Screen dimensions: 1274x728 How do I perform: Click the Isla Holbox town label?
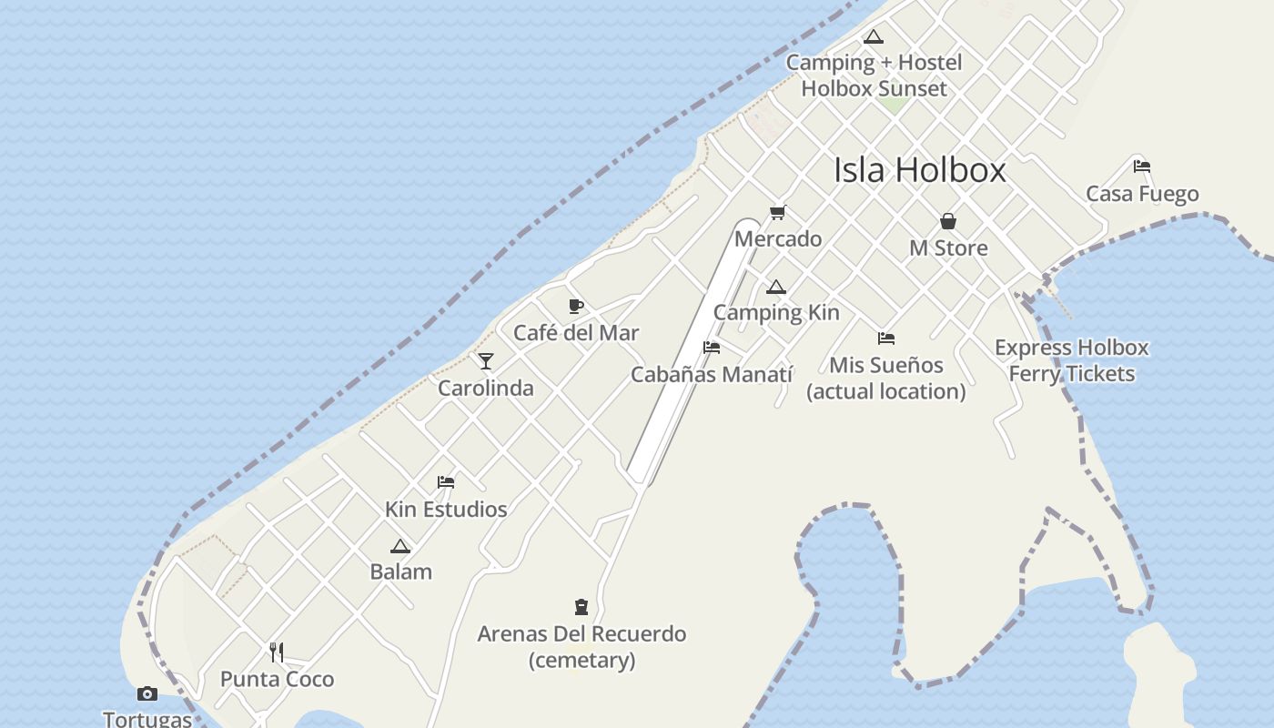[920, 170]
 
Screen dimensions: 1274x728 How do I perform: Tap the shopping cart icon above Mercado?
[777, 213]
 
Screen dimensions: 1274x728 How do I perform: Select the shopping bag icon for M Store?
[948, 221]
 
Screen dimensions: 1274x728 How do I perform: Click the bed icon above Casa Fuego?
[1142, 167]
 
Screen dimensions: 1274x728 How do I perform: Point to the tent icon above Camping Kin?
[775, 288]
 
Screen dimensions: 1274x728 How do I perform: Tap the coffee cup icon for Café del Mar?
[576, 306]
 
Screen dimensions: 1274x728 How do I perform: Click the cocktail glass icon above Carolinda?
[486, 361]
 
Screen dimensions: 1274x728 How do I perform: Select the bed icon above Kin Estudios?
[446, 481]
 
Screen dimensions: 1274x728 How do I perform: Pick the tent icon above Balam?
[400, 547]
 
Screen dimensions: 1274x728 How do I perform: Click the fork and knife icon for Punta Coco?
[277, 652]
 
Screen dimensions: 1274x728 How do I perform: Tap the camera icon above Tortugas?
[147, 694]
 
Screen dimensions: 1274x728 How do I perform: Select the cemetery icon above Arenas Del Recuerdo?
[581, 607]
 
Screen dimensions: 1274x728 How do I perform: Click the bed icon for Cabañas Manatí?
[712, 348]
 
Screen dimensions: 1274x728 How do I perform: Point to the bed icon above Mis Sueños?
[886, 339]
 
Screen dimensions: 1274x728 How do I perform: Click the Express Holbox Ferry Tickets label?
[1072, 360]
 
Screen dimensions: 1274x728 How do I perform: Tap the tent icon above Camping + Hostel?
[874, 37]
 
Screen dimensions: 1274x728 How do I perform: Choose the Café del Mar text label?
[576, 333]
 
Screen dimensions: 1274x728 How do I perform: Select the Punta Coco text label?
[278, 679]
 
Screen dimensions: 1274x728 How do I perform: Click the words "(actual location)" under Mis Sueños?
[886, 391]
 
